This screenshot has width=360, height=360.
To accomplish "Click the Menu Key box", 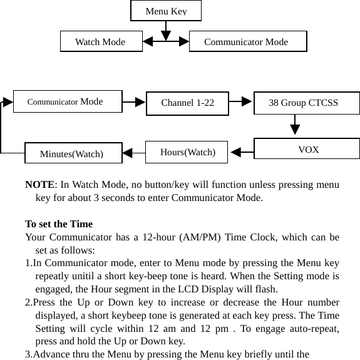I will pyautogui.click(x=166, y=11).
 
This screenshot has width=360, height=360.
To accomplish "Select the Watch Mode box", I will pyautogui.click(x=100, y=42).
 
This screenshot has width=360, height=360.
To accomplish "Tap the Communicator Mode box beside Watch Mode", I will pyautogui.click(x=247, y=42).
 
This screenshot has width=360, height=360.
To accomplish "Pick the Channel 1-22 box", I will pyautogui.click(x=187, y=103).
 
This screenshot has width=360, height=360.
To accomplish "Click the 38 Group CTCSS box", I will pyautogui.click(x=306, y=103).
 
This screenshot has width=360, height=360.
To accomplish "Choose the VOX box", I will pyautogui.click(x=307, y=149).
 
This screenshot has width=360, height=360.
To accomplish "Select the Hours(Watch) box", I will pyautogui.click(x=188, y=152).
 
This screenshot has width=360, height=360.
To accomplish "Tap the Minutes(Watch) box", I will pyautogui.click(x=72, y=153).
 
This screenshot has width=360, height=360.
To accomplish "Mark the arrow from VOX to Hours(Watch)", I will pyautogui.click(x=239, y=151).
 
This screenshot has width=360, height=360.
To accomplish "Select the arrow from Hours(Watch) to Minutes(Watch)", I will pyautogui.click(x=130, y=152).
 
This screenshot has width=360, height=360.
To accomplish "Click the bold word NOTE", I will pyautogui.click(x=39, y=185).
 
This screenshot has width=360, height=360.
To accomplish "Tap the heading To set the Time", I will pyautogui.click(x=59, y=224).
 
